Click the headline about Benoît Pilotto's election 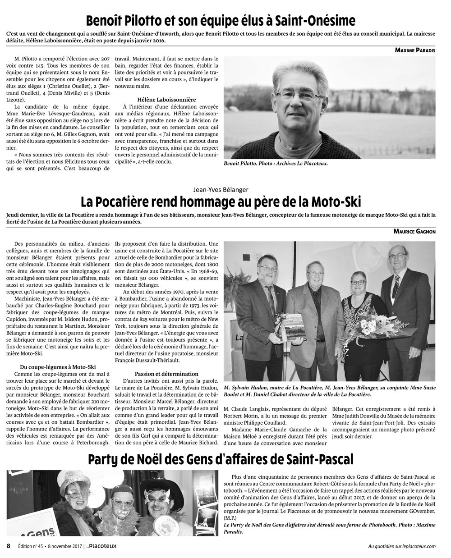pyautogui.click(x=221, y=21)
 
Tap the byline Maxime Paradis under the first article pyautogui.click(x=415, y=51)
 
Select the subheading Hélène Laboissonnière pyautogui.click(x=166, y=99)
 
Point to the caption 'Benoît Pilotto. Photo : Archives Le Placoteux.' pyautogui.click(x=276, y=164)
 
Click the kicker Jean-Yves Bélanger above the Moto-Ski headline pyautogui.click(x=221, y=189)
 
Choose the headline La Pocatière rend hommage pyautogui.click(x=221, y=201)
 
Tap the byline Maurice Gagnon pyautogui.click(x=414, y=231)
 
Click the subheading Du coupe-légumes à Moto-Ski pyautogui.click(x=55, y=367)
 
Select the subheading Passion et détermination pyautogui.click(x=166, y=374)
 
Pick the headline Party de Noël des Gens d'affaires pyautogui.click(x=221, y=459)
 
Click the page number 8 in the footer pyautogui.click(x=9, y=546)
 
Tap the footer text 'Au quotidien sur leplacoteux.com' pyautogui.click(x=402, y=546)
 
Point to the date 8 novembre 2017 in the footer pyautogui.click(x=61, y=546)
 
